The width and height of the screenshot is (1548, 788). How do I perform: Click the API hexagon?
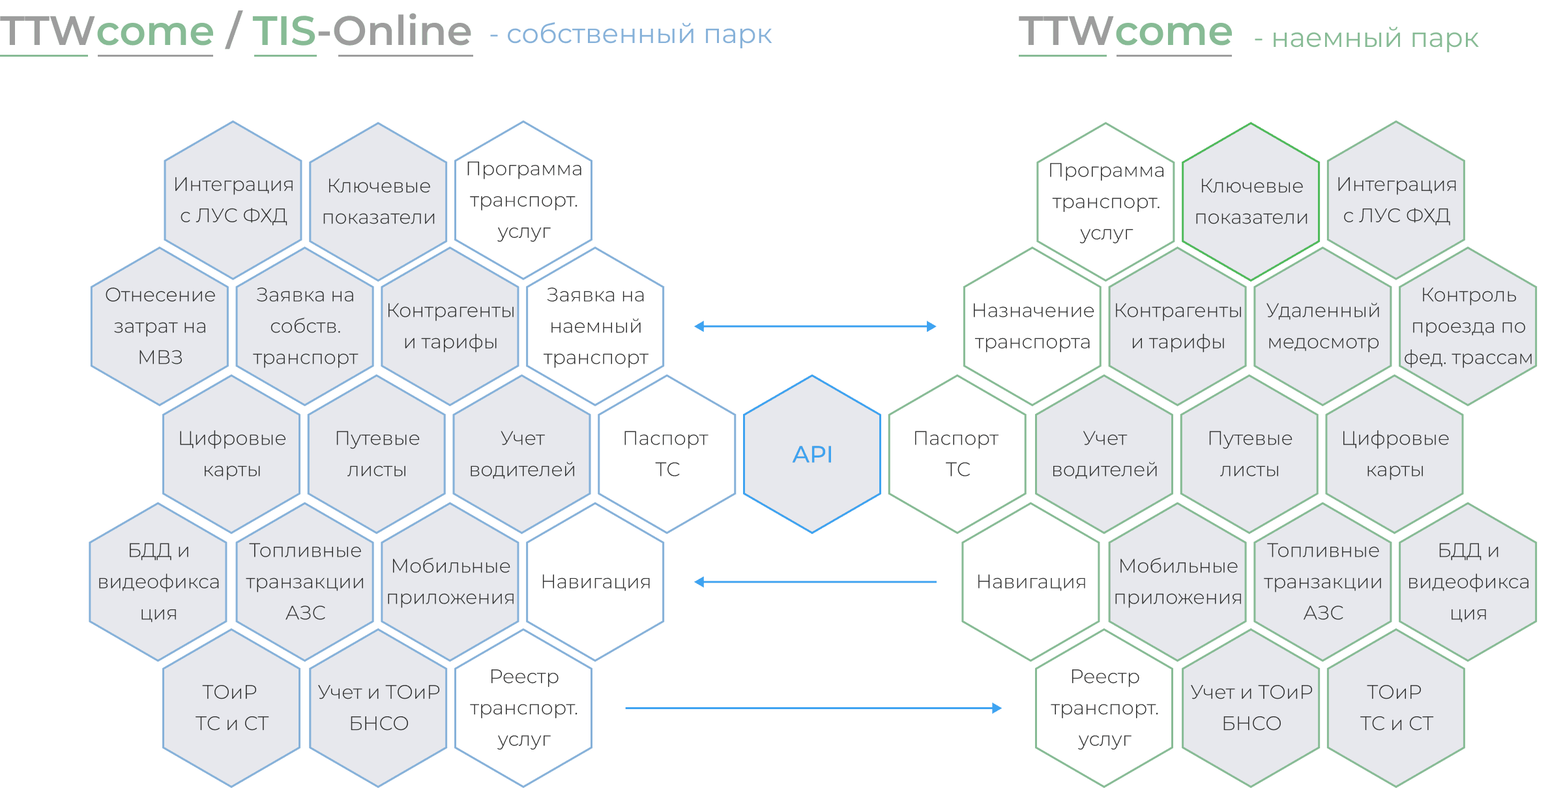[x=812, y=454]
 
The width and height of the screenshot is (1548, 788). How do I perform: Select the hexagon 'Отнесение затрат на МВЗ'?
[x=160, y=326]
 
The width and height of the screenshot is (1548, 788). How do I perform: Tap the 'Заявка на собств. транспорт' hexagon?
[x=305, y=326]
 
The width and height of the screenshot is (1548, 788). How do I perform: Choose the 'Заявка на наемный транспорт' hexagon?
[x=595, y=326]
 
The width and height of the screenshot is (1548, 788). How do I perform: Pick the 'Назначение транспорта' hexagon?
[x=1032, y=326]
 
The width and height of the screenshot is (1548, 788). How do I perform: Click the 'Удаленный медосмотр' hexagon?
[x=1323, y=326]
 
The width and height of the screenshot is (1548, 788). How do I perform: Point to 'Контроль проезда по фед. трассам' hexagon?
[x=1468, y=326]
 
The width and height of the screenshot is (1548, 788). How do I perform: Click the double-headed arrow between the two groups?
[x=815, y=327]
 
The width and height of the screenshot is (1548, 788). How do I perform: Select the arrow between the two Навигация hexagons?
[x=815, y=582]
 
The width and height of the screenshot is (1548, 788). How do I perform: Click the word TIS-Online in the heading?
[x=362, y=31]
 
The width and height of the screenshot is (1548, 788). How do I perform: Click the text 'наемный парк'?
[x=1375, y=38]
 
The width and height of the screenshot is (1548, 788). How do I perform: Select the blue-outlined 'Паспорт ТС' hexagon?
[x=666, y=454]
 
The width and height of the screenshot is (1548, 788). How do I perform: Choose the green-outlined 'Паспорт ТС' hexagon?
[x=957, y=454]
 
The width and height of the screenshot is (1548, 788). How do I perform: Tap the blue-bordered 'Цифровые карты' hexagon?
[x=232, y=454]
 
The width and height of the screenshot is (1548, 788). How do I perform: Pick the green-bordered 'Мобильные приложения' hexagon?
[x=1178, y=582]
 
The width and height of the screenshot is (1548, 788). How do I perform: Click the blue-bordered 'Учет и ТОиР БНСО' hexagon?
[x=379, y=708]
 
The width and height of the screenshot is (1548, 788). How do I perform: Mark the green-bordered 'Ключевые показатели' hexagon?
[x=1251, y=201]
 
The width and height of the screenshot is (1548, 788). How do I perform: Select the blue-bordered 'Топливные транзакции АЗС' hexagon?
[x=305, y=582]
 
